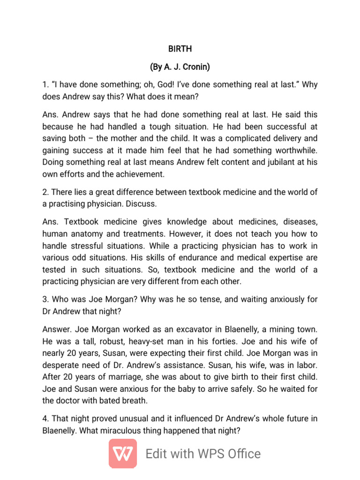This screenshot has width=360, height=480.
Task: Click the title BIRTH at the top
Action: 180,49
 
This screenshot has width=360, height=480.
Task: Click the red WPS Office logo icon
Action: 123,454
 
